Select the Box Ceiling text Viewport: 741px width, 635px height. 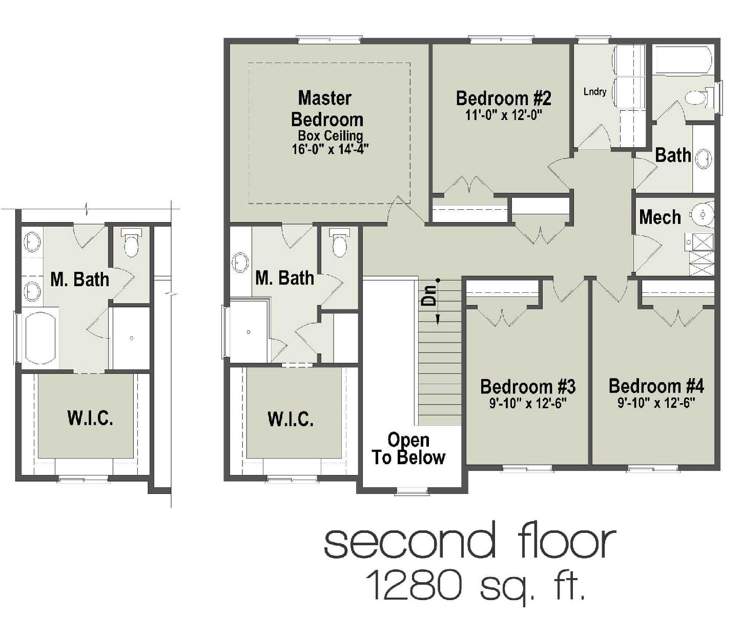pos(331,136)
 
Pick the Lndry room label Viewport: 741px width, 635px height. pos(595,92)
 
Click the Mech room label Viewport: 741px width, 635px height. pos(660,217)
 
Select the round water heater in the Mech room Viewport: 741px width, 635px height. pos(702,213)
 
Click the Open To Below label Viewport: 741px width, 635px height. pos(408,449)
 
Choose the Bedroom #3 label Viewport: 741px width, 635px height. pos(527,386)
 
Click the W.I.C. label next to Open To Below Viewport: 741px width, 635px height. pos(291,419)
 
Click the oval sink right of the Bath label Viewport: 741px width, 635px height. pos(704,158)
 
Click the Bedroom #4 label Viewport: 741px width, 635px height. pos(656,386)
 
